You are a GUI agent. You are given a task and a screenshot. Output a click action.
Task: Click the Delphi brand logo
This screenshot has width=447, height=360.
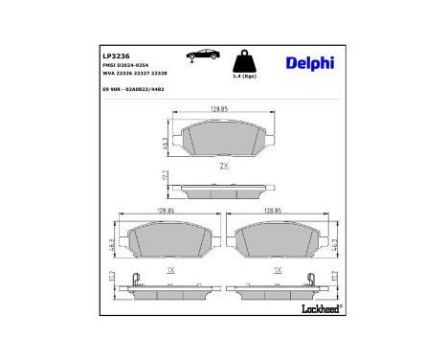[x=309, y=64]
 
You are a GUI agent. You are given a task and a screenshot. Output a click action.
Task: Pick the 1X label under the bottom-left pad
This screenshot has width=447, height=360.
[x=170, y=270]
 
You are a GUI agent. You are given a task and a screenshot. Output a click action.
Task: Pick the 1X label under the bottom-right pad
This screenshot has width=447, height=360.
[x=277, y=270]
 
